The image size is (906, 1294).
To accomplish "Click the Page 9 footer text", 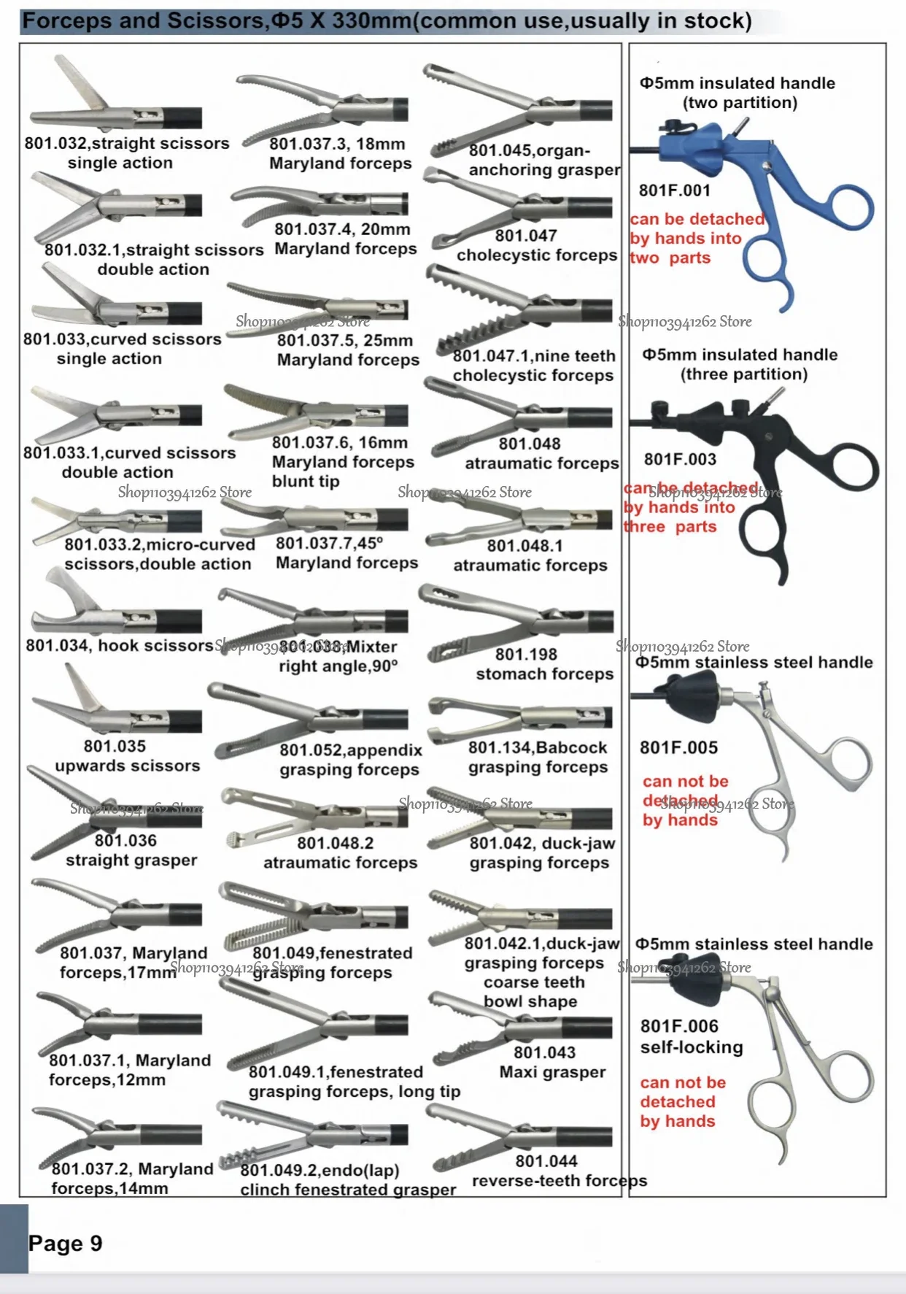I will [x=65, y=1243].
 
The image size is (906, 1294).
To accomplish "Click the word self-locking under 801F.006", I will [x=692, y=1047].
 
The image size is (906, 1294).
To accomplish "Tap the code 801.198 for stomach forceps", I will [x=525, y=654].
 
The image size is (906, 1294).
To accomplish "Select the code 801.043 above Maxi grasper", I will [x=544, y=1052].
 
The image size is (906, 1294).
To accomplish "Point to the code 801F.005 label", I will [x=678, y=747].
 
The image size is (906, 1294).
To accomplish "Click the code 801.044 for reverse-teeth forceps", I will [x=546, y=1160].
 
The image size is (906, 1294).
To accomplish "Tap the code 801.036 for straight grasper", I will [x=125, y=840].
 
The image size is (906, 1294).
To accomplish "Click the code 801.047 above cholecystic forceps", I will [x=525, y=235].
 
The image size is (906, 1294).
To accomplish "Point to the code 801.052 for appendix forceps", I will [x=314, y=750].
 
